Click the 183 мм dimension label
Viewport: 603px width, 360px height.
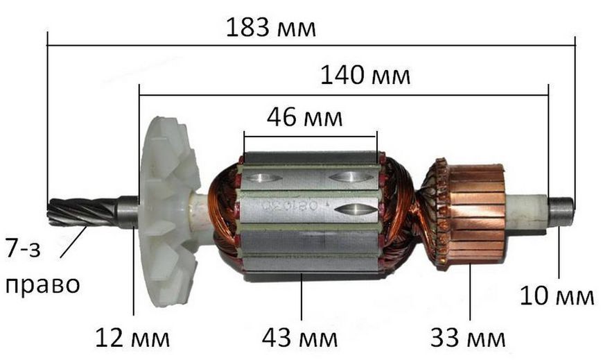click(271, 28)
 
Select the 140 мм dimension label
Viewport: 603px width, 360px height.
click(365, 75)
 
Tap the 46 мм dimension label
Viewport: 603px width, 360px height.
click(304, 117)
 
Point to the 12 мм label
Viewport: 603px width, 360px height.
click(132, 338)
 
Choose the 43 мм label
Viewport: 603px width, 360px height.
click(299, 338)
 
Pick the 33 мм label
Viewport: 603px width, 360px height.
click(468, 338)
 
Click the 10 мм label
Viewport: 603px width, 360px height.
click(557, 296)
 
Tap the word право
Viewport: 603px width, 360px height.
click(42, 285)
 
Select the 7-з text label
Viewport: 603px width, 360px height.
click(23, 248)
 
